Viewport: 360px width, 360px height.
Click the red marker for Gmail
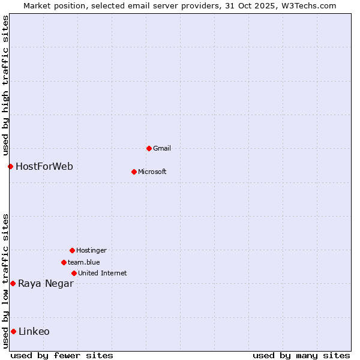tap(149, 148)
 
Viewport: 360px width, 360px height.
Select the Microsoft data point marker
tap(134, 172)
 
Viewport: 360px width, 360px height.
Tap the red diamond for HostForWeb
tap(10, 166)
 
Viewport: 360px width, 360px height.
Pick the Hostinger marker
tap(72, 250)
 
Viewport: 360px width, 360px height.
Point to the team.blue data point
tap(64, 262)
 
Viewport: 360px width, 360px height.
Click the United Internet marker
tap(74, 273)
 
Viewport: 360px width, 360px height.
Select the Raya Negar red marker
tap(13, 283)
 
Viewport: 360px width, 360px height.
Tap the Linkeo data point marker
tap(13, 331)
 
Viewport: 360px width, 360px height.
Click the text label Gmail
tap(162, 148)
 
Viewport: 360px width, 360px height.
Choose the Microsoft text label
tap(152, 172)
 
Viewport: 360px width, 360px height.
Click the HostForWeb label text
tap(44, 166)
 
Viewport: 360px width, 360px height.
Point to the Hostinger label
tap(91, 250)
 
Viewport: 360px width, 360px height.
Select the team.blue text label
tap(84, 262)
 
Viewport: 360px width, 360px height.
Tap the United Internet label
tap(103, 273)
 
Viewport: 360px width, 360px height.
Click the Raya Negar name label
tap(46, 283)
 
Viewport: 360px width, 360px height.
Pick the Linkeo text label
tap(34, 331)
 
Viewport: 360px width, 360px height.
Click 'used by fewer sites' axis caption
tap(62, 355)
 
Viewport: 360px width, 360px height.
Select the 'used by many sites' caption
tap(301, 355)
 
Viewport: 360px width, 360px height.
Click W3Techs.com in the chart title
tap(307, 5)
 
